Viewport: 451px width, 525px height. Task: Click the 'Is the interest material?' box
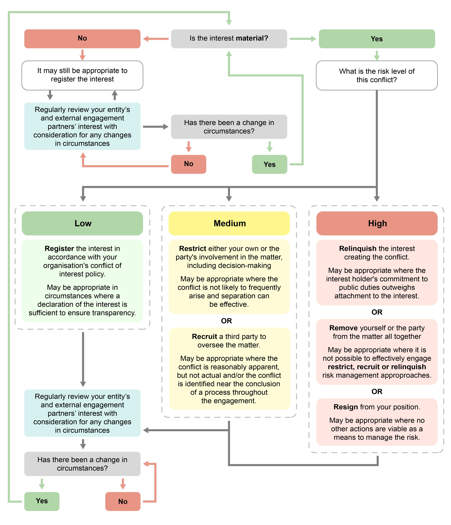tap(229, 38)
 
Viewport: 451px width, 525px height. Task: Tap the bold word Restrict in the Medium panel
tap(193, 249)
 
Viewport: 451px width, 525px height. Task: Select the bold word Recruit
tap(204, 336)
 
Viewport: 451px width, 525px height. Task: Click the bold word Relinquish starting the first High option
tap(357, 249)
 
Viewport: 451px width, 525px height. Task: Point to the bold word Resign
tap(346, 407)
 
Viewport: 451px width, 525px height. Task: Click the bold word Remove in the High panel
tap(343, 328)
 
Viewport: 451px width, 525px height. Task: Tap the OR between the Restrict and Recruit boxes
tap(226, 321)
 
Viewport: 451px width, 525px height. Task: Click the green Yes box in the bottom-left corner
tap(42, 501)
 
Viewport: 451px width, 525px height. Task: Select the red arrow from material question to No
tap(156, 39)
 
